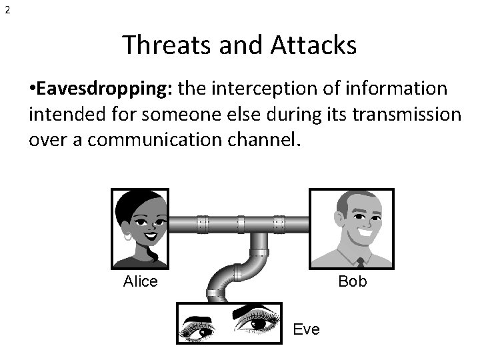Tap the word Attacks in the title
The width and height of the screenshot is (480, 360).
pos(315,45)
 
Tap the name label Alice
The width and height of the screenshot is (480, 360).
pos(140,281)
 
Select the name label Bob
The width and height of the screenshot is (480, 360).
pos(352,281)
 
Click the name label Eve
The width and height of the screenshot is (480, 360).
pos(307,329)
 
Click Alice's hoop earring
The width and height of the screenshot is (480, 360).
pos(128,235)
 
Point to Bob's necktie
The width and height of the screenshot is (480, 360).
pos(360,263)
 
